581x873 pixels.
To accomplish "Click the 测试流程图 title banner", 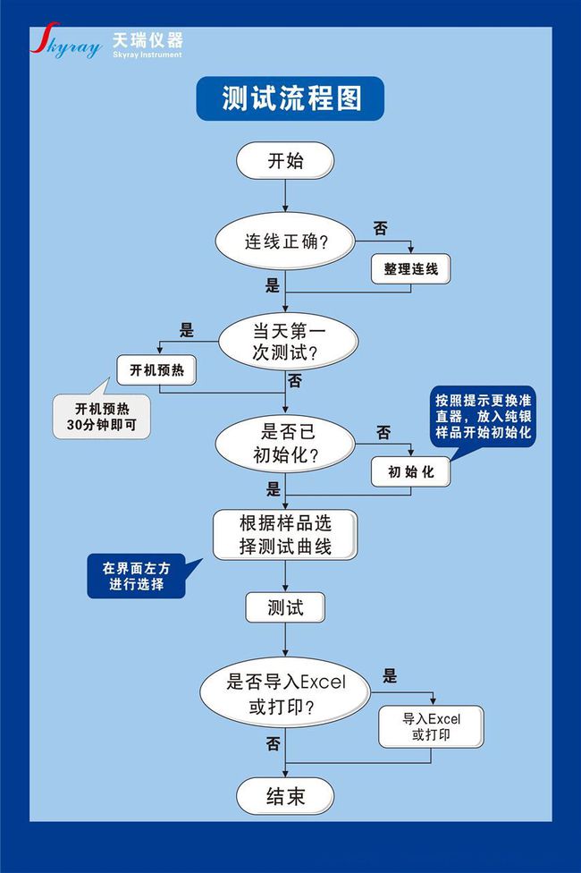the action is pyautogui.click(x=290, y=98).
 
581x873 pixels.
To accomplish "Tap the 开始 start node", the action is pyautogui.click(x=285, y=161).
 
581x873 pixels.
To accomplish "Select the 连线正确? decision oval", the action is pyautogui.click(x=285, y=242).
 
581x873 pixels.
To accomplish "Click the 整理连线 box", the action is pyautogui.click(x=410, y=269).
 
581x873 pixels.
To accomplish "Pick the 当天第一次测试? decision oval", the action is pyautogui.click(x=287, y=342).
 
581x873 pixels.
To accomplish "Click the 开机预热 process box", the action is pyautogui.click(x=156, y=370).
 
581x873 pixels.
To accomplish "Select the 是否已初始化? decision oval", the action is pyautogui.click(x=285, y=444).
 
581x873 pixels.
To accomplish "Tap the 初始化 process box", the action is pyautogui.click(x=410, y=472).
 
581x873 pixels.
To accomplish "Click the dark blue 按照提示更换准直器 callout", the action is pyautogui.click(x=483, y=417).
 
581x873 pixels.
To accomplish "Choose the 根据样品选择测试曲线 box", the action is pyautogui.click(x=285, y=535).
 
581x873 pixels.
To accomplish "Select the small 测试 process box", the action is pyautogui.click(x=285, y=607).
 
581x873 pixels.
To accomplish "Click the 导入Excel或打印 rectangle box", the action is pyautogui.click(x=432, y=726).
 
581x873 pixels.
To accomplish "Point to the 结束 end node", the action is pyautogui.click(x=285, y=796).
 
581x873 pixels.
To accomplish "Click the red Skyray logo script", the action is pyautogui.click(x=65, y=40).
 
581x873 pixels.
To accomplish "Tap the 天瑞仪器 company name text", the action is pyautogui.click(x=147, y=39).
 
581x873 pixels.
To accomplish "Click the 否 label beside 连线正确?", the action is pyautogui.click(x=381, y=228).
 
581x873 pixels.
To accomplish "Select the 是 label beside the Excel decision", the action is pyautogui.click(x=390, y=676).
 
